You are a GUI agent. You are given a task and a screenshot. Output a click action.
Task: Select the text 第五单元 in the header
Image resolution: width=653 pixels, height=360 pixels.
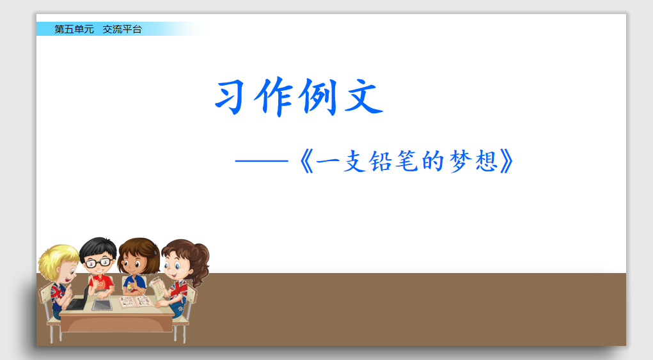74,29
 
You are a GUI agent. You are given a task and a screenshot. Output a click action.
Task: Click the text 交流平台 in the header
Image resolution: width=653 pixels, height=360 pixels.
122,29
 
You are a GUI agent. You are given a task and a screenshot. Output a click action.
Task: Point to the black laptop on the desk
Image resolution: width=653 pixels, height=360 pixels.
80,300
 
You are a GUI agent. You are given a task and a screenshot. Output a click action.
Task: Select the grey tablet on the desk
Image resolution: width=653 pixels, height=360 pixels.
102,304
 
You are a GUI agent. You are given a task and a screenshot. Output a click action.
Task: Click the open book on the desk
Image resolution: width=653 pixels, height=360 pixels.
135,301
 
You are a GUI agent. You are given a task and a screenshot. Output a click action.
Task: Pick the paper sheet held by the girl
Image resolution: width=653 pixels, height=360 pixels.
157,287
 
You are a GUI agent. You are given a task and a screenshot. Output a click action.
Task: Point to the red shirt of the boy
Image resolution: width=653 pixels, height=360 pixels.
100,282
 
